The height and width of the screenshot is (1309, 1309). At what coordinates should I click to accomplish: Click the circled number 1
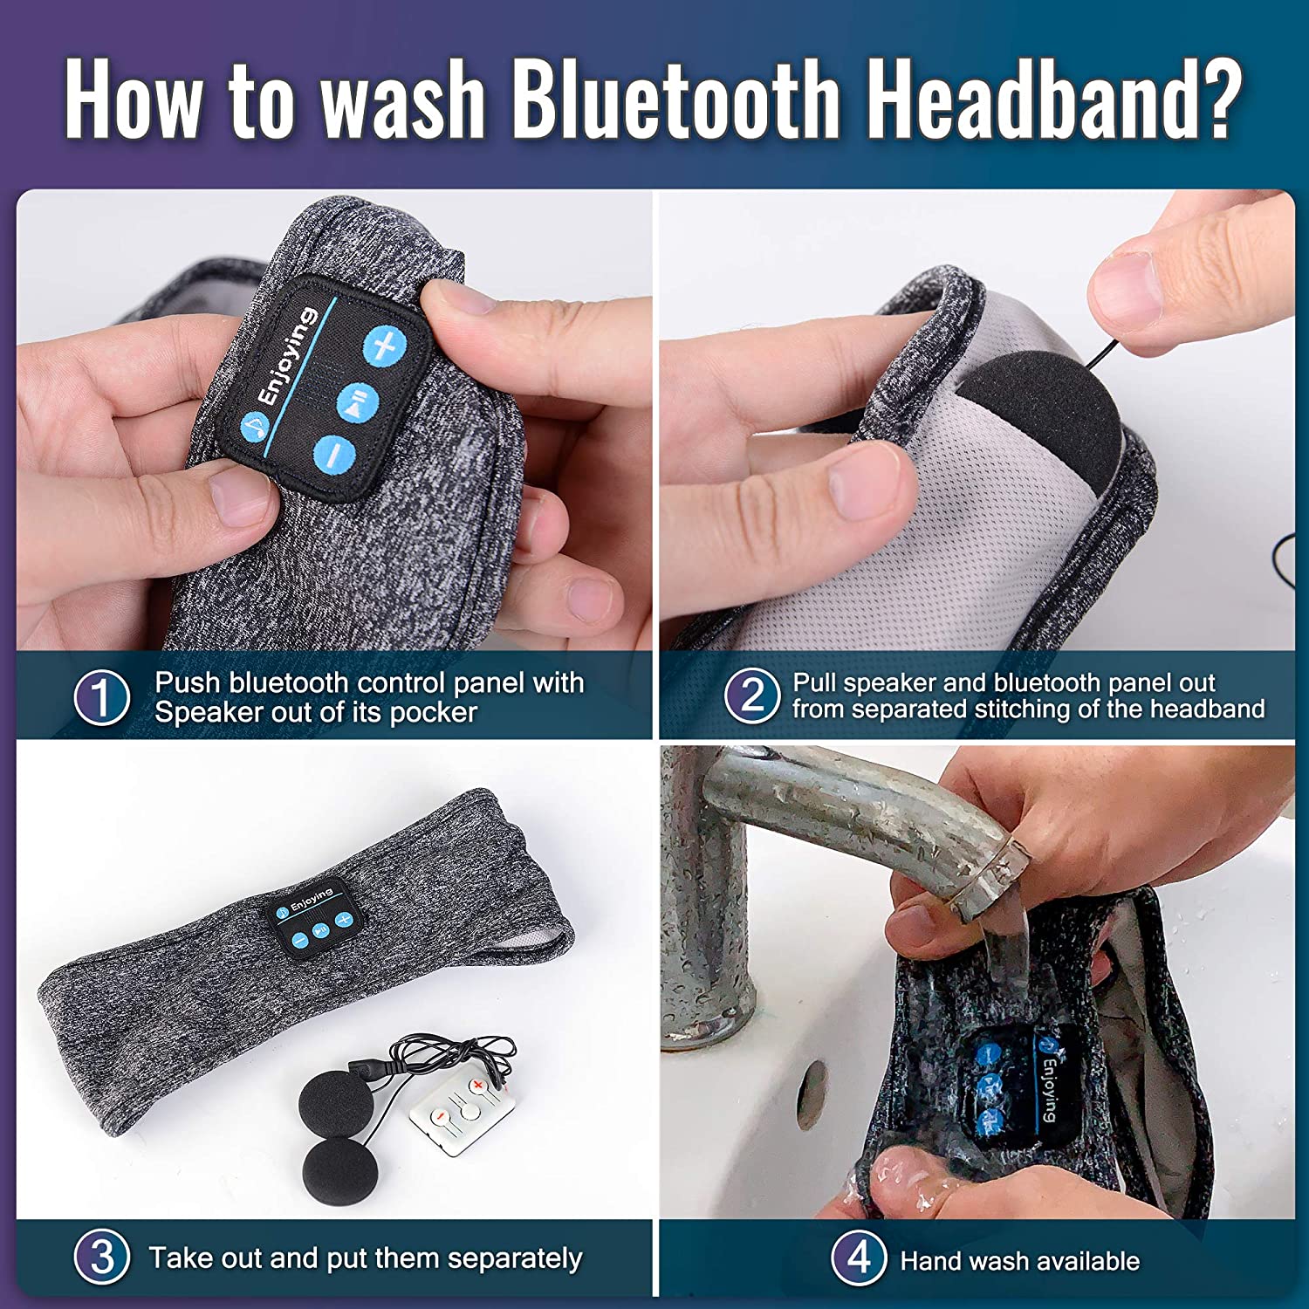[x=102, y=697]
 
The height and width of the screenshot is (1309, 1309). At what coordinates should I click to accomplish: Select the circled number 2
[x=752, y=696]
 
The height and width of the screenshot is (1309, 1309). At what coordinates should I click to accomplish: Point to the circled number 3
[x=102, y=1258]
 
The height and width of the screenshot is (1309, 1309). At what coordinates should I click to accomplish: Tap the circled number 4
[x=859, y=1258]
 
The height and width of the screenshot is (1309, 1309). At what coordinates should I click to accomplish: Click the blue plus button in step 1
[x=385, y=347]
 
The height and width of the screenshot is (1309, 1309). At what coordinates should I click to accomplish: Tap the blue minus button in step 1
[x=334, y=454]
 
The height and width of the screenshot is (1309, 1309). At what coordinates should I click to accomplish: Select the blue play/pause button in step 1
[x=359, y=401]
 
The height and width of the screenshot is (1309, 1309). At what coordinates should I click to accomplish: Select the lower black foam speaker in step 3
[x=340, y=1171]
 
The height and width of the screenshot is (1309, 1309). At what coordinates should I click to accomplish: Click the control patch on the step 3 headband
[x=313, y=914]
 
